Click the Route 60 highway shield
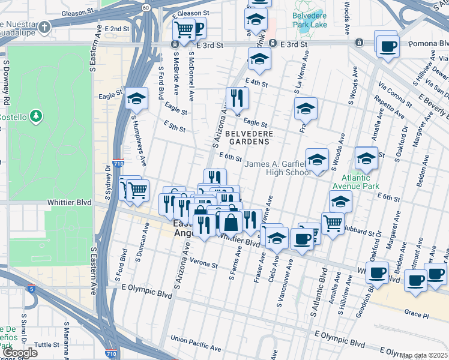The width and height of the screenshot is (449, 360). (x=146, y=7)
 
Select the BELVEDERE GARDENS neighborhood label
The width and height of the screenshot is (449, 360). (x=249, y=137)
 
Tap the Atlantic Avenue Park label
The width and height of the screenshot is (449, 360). (x=361, y=182)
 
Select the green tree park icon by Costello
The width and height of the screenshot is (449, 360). (x=37, y=115)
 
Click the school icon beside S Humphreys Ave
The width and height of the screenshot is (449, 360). (x=137, y=98)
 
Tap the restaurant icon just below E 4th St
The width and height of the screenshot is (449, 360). (x=237, y=97)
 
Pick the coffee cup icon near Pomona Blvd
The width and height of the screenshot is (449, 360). (x=388, y=46)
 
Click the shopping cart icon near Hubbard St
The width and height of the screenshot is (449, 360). (x=333, y=223)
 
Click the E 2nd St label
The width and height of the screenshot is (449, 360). (x=116, y=29)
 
